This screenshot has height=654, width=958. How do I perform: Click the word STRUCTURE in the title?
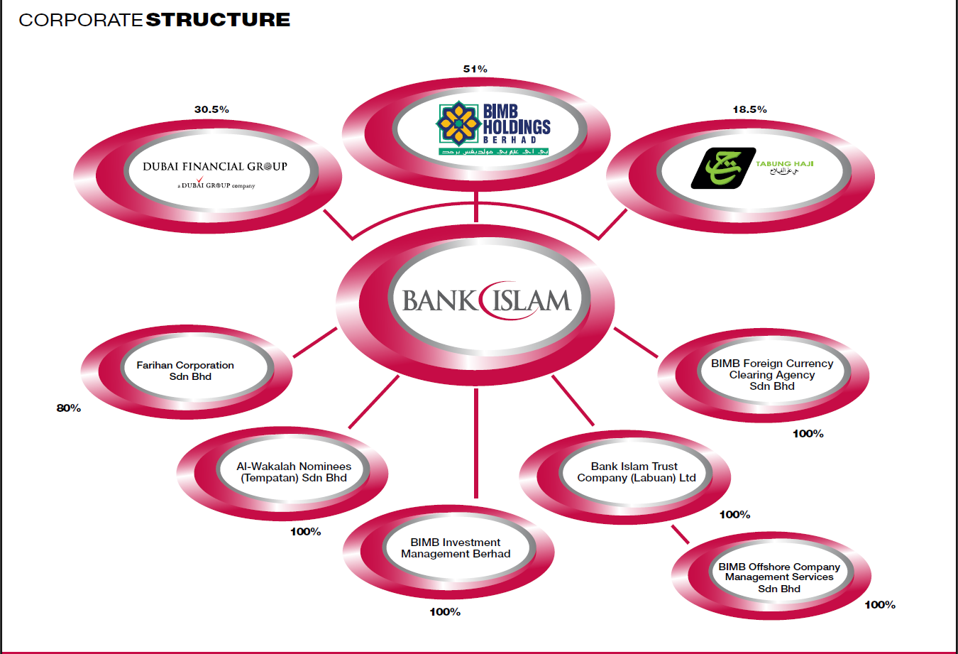(218, 20)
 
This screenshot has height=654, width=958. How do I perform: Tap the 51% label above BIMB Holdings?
(475, 69)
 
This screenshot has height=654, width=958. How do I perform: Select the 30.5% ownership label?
(211, 109)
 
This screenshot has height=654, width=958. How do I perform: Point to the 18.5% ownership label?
(749, 109)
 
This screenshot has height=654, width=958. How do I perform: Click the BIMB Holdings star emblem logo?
(458, 124)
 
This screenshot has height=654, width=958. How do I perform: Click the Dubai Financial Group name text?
(215, 167)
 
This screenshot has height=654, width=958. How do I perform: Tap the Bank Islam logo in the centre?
(486, 300)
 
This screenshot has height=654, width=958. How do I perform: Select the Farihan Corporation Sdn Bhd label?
(185, 371)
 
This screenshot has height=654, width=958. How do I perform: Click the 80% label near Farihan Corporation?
(69, 408)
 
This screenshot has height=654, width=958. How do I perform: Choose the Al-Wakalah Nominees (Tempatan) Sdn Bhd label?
(294, 472)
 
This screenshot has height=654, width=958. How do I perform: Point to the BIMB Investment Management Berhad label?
(456, 548)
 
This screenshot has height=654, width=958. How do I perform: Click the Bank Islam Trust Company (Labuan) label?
(636, 472)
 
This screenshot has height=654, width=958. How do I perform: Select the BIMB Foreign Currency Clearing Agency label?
(772, 374)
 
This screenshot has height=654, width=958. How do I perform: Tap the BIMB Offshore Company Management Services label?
(778, 577)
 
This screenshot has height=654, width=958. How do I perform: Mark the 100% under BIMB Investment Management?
(445, 612)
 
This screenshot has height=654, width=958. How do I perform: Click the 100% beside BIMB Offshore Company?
(879, 605)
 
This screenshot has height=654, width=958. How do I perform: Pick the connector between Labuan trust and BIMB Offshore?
(681, 534)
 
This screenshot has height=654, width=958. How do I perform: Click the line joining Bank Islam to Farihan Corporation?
(314, 342)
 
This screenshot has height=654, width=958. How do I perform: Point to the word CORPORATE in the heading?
(81, 20)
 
